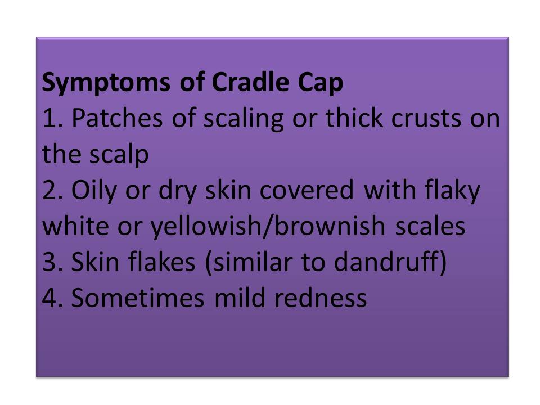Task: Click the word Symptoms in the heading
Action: point(106,83)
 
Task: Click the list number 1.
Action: point(52,119)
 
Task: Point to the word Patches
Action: point(117,118)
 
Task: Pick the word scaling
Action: point(244,119)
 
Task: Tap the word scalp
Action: point(119,155)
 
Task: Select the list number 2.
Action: point(53,191)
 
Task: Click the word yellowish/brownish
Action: point(268,227)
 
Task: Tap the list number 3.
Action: point(53,262)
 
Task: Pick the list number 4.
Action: point(53,298)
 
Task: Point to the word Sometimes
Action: point(138,298)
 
